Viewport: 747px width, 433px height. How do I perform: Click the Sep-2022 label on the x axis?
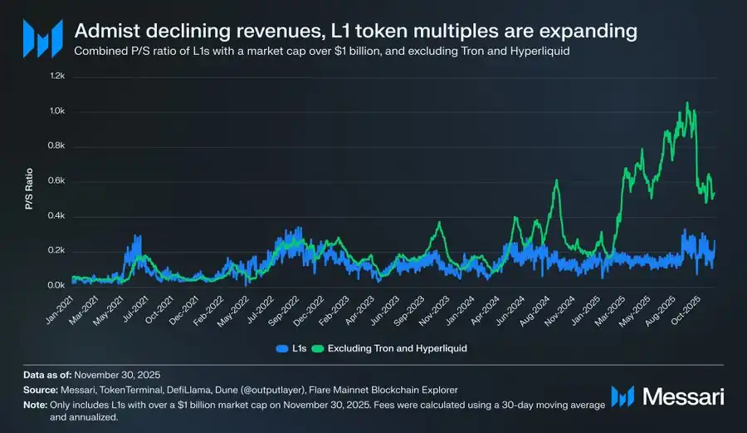click(x=285, y=308)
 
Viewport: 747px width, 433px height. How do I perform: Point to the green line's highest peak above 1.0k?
click(x=686, y=102)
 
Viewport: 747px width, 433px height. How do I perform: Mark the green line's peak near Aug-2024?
click(x=556, y=180)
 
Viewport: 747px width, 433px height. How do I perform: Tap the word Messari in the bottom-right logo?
click(x=683, y=396)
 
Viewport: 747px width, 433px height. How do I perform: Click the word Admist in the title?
click(x=104, y=32)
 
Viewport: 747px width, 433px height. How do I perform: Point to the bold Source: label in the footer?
click(x=41, y=389)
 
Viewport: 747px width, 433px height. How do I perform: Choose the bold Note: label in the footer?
click(x=37, y=404)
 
